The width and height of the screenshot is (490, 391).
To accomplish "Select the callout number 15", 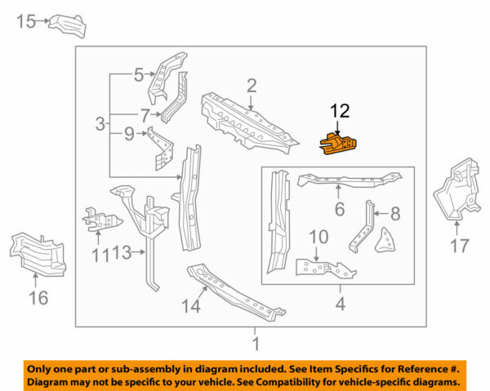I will click(27, 21).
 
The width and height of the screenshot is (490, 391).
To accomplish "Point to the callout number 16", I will click(38, 298).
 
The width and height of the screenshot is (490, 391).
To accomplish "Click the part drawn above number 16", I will click(38, 254).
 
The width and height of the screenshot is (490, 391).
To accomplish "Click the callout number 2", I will click(252, 86).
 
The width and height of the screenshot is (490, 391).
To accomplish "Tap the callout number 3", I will click(100, 125).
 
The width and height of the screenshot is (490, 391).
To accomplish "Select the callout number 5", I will click(139, 76).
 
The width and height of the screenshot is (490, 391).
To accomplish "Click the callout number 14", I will click(189, 306).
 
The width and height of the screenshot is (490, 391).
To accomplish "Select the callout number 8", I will click(394, 215).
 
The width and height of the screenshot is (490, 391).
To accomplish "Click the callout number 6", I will click(338, 210).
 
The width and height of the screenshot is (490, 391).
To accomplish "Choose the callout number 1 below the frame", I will click(255, 343).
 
